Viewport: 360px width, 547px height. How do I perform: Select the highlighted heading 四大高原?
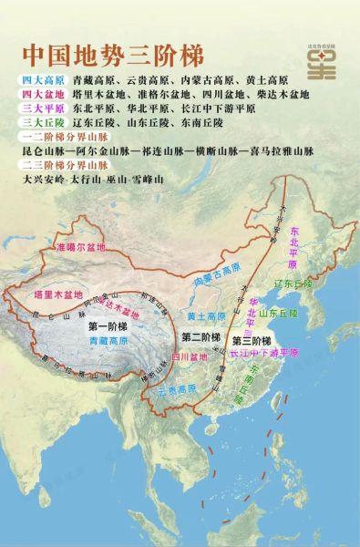click(x=40, y=80)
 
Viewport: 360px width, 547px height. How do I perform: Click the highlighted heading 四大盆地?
click(x=40, y=94)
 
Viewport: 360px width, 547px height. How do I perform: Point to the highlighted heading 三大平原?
click(x=40, y=108)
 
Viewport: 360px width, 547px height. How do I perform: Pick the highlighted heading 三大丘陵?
click(x=40, y=121)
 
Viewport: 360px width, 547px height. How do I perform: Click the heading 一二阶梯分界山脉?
click(x=56, y=135)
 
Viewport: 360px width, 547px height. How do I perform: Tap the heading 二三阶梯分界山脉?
click(x=56, y=165)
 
